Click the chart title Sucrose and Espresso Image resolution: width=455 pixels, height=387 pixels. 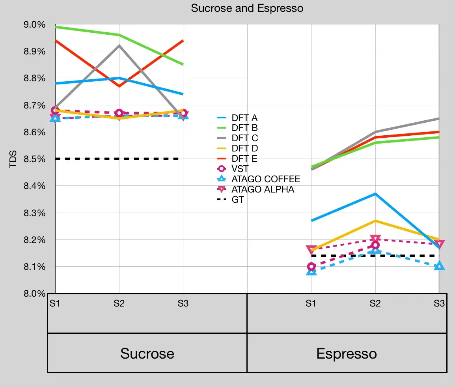247,8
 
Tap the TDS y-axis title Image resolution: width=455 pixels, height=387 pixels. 13,159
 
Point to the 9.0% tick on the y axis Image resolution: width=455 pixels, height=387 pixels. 35,24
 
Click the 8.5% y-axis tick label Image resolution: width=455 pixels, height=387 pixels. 35,159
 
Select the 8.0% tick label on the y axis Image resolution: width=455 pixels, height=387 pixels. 35,294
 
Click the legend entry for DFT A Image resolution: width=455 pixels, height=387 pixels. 244,118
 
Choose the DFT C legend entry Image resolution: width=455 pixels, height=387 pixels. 245,138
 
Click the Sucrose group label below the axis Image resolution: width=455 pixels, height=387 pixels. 147,353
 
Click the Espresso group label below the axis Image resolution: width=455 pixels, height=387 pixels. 347,353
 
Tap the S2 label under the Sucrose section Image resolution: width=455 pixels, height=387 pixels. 119,304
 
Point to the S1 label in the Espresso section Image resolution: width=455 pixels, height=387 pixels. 311,304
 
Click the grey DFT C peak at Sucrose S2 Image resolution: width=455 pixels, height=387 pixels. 119,45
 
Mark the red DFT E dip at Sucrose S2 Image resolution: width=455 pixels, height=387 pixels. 119,86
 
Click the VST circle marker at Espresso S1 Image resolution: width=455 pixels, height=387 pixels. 311,267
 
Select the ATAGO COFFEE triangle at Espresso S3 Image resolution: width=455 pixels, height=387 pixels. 439,266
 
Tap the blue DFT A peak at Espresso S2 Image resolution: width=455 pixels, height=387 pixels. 375,194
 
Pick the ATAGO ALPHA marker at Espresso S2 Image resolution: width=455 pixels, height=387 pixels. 375,239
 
